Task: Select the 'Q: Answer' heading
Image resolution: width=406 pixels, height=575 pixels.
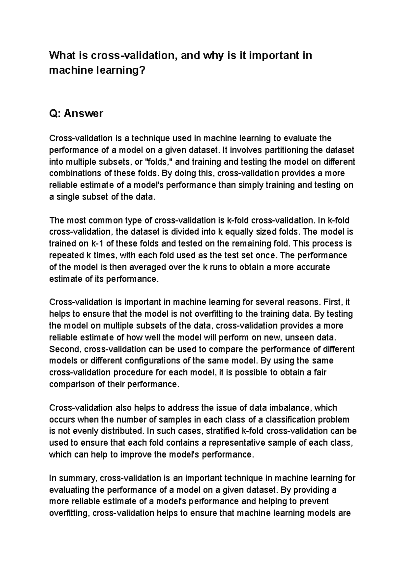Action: tap(76, 113)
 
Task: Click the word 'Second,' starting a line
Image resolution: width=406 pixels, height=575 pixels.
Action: tap(65, 349)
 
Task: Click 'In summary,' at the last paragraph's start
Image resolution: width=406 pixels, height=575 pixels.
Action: tap(73, 478)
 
